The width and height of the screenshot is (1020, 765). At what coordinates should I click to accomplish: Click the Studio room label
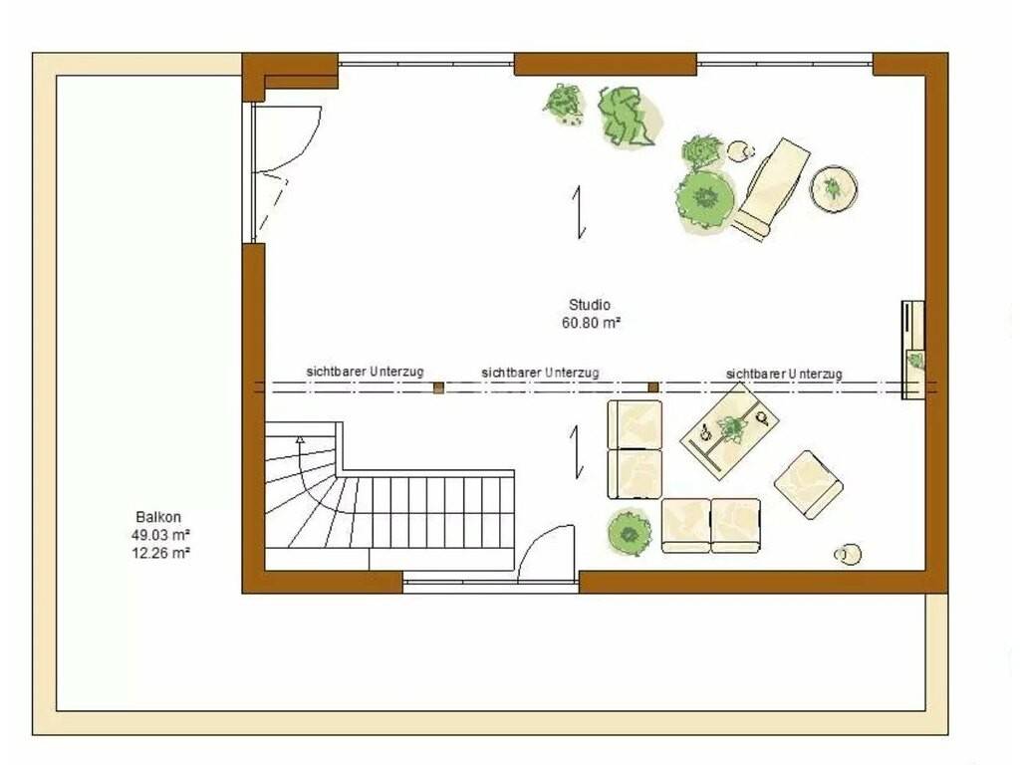(590, 305)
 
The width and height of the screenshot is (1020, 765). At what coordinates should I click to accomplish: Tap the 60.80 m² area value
(591, 322)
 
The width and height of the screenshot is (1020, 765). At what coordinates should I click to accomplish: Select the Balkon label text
(158, 517)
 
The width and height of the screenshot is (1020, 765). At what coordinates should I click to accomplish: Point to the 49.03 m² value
(160, 535)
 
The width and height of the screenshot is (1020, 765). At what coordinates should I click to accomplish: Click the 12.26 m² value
(160, 553)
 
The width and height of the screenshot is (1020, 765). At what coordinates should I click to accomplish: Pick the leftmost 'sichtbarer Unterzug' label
(365, 372)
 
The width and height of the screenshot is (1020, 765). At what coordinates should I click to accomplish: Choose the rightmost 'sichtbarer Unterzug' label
(784, 374)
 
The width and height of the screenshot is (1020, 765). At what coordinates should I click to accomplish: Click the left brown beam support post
(438, 387)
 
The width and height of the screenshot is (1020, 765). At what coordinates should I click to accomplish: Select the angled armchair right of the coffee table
(809, 485)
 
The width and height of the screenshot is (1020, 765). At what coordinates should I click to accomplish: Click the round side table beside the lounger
(834, 188)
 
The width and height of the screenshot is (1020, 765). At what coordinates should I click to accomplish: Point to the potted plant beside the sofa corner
(630, 533)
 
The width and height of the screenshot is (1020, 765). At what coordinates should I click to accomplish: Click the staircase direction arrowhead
(300, 439)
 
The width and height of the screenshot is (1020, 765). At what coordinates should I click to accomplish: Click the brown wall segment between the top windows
(606, 65)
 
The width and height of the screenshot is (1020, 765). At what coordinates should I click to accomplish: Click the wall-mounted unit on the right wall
(912, 350)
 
